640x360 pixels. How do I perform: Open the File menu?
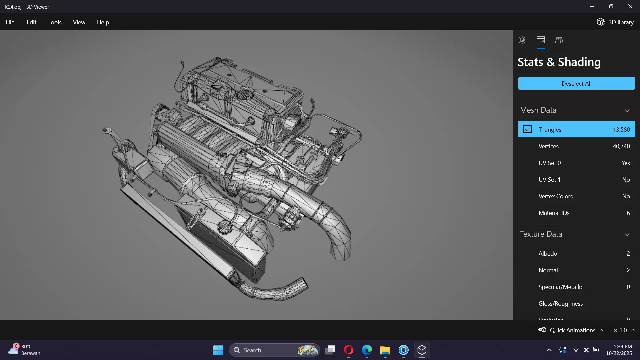click(10, 22)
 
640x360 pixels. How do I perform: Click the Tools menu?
click(55, 22)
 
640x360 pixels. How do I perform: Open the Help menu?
click(103, 22)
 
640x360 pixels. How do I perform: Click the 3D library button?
click(615, 22)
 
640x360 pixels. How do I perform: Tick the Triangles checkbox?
click(527, 129)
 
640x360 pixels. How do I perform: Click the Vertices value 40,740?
click(621, 146)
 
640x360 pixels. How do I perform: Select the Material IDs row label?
click(554, 213)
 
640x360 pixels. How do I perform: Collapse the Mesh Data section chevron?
click(627, 111)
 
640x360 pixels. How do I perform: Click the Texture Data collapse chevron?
click(627, 235)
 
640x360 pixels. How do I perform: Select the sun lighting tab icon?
click(522, 40)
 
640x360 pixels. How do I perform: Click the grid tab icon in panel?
click(559, 40)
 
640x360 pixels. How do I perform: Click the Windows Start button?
click(218, 350)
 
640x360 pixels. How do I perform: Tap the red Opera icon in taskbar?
click(349, 350)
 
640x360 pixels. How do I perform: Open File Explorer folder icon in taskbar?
click(385, 350)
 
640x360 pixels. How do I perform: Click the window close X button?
click(630, 7)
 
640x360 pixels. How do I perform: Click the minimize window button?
click(592, 7)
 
